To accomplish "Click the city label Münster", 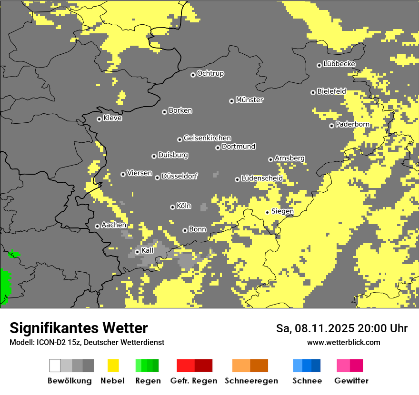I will pos(249,100).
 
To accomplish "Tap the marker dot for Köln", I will pos(172,207).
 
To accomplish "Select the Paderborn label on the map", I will pos(353,125).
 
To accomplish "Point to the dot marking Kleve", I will pos(99,119).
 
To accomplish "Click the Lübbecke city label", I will pos(339,64).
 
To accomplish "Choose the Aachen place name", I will pos(114,225).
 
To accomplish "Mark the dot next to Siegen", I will pos(267,212).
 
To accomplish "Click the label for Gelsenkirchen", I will pos(207,138).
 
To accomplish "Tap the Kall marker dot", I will pos(137,252).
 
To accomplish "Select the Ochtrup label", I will pos(210,74).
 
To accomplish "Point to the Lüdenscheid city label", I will pos(262,178).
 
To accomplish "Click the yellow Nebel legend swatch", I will pos(113,365).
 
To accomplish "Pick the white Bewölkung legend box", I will pos(55,365).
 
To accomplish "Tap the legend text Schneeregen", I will pos(251,381).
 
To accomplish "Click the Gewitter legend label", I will pos(351,381).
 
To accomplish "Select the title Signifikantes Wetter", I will pos(79,328).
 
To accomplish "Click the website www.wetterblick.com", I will pos(343,343).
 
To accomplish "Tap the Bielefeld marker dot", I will pos(313,92).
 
